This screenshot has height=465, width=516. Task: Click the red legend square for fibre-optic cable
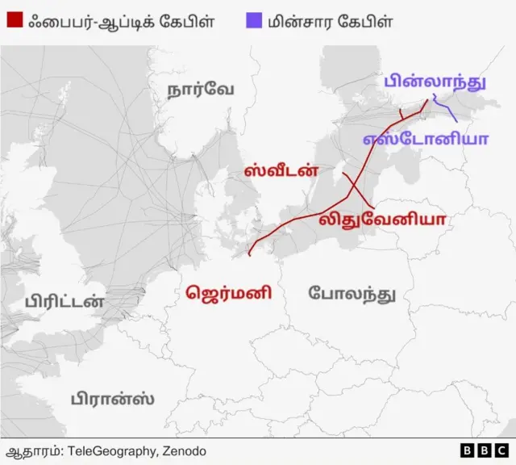[15, 21]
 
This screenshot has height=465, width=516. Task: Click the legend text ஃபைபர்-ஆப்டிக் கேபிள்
[121, 21]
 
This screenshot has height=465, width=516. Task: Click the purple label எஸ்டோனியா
[425, 138]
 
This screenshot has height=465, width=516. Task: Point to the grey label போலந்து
[352, 293]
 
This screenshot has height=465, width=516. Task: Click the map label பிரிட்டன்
[64, 303]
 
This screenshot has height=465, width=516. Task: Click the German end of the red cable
[250, 253]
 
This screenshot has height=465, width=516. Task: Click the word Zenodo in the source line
[185, 450]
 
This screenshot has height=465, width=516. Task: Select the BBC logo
[484, 450]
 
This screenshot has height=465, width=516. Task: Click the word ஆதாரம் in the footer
[31, 450]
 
